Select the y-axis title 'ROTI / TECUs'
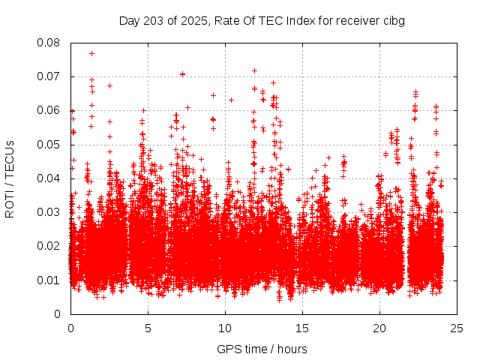(x=10, y=178)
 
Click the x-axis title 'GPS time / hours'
(x=262, y=349)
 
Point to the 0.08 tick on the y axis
(x=49, y=43)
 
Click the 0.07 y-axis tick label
(x=49, y=76)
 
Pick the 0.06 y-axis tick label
(x=49, y=110)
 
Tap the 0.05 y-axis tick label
(x=49, y=145)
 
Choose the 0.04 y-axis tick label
(x=49, y=178)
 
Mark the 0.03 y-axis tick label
(x=49, y=212)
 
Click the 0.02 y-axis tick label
(x=49, y=246)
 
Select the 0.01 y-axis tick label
(x=49, y=280)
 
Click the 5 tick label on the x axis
(x=148, y=328)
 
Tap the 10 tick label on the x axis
(x=225, y=328)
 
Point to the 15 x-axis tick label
(x=302, y=328)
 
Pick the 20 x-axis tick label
(x=379, y=328)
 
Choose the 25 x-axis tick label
(x=457, y=328)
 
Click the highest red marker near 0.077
(x=91, y=53)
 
